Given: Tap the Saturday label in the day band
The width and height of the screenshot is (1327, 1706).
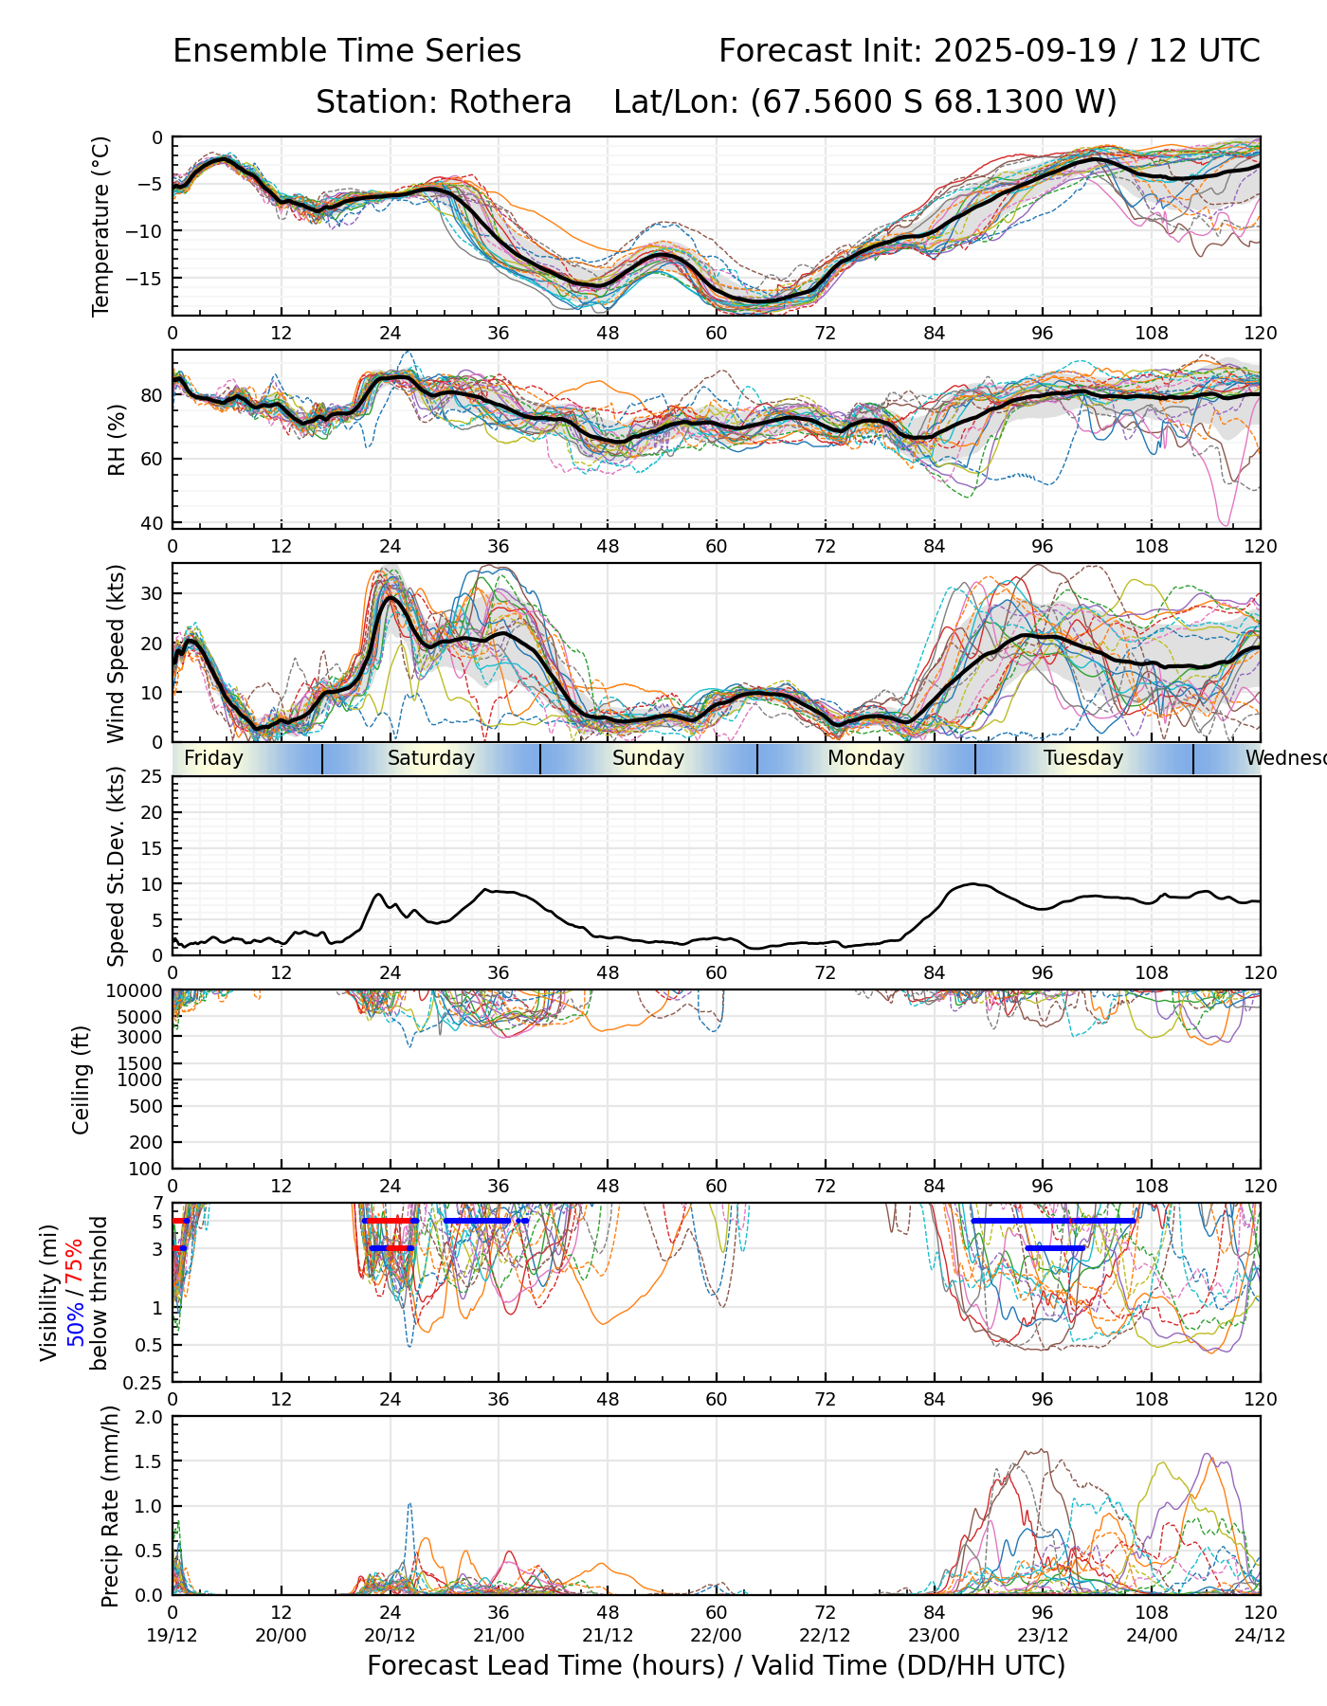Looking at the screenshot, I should [431, 758].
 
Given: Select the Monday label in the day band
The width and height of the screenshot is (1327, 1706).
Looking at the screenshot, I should [866, 758].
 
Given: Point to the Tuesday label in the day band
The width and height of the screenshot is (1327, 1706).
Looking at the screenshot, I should [1083, 758].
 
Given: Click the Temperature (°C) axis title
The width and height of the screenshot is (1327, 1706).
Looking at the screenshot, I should [101, 226].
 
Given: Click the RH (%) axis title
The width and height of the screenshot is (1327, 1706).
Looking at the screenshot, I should [117, 439].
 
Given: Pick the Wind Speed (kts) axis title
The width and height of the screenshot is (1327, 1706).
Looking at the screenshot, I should [116, 653].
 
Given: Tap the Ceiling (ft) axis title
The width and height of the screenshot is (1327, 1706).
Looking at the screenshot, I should [82, 1079].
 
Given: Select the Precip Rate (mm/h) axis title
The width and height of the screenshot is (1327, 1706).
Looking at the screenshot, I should [110, 1506].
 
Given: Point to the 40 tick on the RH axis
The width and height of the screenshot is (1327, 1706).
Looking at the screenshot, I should [153, 522].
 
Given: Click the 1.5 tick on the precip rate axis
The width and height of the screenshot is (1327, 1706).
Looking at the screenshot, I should [151, 1461].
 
